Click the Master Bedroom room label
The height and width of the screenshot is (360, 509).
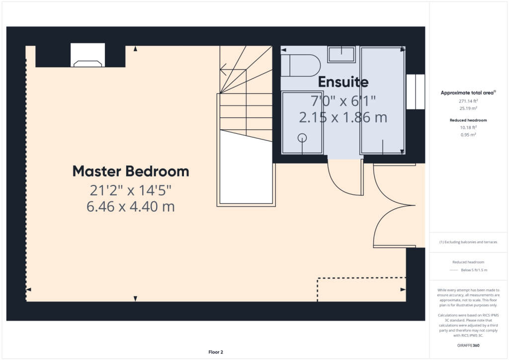click(x=131, y=172)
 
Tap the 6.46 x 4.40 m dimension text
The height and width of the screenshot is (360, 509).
click(x=131, y=207)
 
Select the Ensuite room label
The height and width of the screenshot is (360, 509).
click(x=343, y=82)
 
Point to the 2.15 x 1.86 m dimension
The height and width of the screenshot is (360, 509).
click(x=343, y=117)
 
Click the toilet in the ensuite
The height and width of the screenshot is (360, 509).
click(x=300, y=66)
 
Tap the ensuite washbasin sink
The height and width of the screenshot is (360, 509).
click(x=341, y=54)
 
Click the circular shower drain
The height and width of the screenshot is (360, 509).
click(x=302, y=138)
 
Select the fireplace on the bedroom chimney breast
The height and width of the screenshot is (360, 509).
click(x=87, y=55)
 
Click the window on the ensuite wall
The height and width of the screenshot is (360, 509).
click(x=416, y=92)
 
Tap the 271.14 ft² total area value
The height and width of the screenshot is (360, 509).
click(x=468, y=101)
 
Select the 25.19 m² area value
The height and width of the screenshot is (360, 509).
click(x=468, y=108)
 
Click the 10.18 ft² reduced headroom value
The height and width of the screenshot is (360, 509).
click(x=468, y=127)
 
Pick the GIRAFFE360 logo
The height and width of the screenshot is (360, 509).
click(x=468, y=346)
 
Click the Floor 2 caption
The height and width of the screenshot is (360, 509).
click(x=216, y=352)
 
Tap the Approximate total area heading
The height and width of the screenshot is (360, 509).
click(x=468, y=93)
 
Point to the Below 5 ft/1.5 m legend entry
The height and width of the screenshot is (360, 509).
click(x=474, y=270)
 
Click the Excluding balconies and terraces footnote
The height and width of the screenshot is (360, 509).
click(x=468, y=242)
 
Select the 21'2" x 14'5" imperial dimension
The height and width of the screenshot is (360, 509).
click(x=131, y=190)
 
